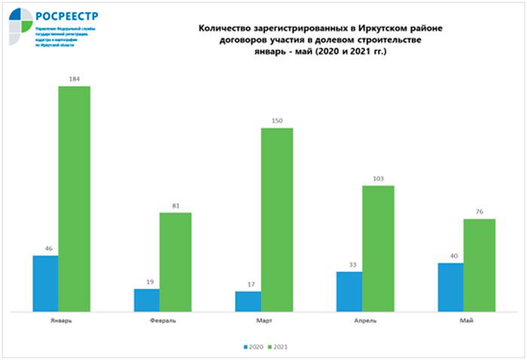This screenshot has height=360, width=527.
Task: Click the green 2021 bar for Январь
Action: coord(74,198)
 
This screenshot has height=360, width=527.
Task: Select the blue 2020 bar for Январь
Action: coord(45,283)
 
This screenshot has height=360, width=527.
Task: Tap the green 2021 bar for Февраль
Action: coord(175,261)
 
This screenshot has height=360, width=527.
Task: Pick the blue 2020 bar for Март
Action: coord(248,301)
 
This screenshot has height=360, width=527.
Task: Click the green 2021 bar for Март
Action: coord(276,219)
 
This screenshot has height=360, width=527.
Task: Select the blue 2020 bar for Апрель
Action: coord(349,291)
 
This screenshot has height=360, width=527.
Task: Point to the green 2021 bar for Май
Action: coord(479,264)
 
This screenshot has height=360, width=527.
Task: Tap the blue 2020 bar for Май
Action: coord(450,286)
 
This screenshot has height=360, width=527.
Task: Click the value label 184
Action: coord(74,78)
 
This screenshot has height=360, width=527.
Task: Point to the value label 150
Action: coord(276,121)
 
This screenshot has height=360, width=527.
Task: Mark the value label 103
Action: coord(378,178)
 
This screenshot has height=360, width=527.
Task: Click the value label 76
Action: coord(479,212)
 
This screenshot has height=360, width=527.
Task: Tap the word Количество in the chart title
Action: coord(224,28)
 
